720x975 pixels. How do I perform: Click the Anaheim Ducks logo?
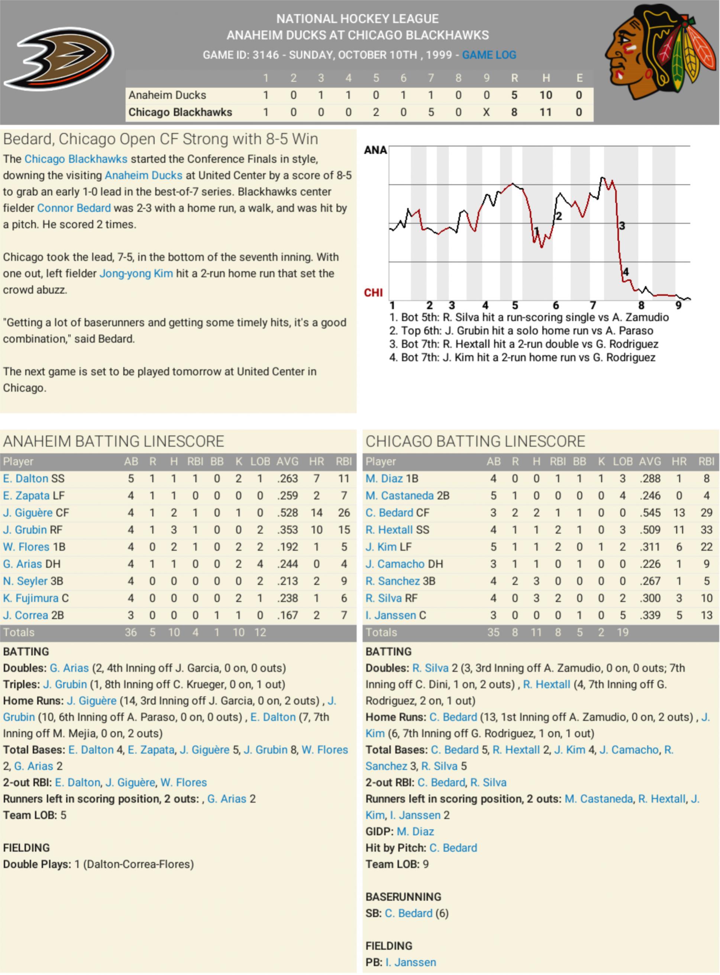(59, 58)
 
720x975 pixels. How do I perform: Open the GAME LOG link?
(489, 55)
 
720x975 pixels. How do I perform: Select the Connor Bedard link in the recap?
(74, 208)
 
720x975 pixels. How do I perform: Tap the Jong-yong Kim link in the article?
(136, 273)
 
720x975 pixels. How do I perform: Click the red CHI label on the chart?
(373, 293)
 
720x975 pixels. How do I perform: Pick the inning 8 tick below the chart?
(641, 306)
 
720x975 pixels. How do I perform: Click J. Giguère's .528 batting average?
(288, 513)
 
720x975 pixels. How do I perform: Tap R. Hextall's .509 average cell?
(650, 530)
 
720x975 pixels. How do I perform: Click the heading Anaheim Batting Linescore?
(113, 441)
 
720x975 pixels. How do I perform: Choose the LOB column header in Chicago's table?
(622, 461)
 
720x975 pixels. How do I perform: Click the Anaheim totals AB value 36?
(131, 632)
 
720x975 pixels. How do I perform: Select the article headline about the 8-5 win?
(160, 139)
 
